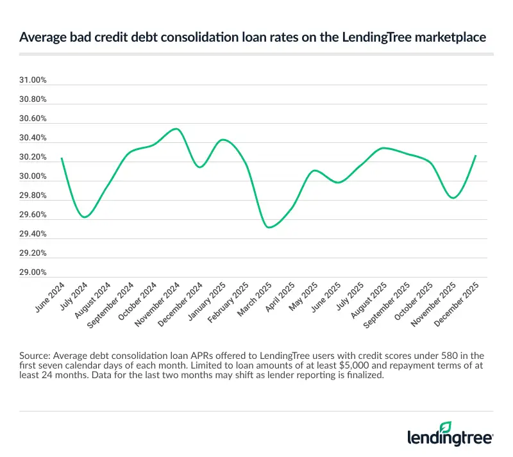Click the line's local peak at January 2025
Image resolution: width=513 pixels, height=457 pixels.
pos(222,139)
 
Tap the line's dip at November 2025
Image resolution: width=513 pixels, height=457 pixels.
pos(453,198)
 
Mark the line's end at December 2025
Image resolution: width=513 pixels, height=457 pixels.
pos(476,155)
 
